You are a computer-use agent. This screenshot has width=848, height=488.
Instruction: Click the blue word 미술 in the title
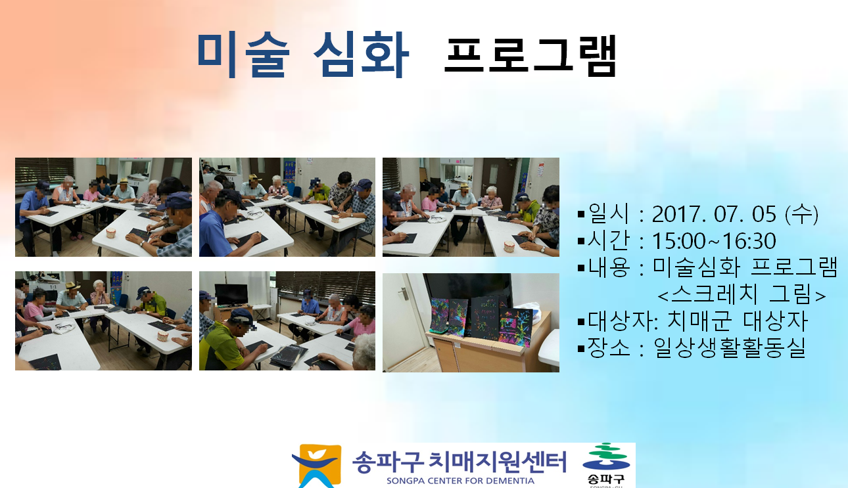tap(243, 56)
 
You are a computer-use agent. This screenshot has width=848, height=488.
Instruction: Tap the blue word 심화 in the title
tap(362, 56)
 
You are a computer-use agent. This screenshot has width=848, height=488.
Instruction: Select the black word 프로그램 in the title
tap(530, 56)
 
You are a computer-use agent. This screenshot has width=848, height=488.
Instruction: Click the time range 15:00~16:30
tap(714, 241)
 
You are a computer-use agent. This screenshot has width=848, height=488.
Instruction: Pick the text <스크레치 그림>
tap(742, 294)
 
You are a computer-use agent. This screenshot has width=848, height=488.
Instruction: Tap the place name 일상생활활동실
tap(729, 347)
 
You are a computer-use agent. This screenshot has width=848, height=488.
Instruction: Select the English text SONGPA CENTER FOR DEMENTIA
tap(460, 481)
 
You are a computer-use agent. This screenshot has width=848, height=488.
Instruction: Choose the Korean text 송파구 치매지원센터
tap(459, 462)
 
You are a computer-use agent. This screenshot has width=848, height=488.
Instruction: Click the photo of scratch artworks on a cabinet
tap(471, 322)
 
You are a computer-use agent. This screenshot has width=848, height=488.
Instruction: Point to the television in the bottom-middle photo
tap(231, 295)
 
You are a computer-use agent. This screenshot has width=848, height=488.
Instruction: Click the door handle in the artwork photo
tap(404, 292)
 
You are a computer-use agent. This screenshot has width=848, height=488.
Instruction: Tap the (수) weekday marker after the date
tap(802, 214)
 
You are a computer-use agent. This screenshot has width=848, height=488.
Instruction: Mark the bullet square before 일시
tap(582, 215)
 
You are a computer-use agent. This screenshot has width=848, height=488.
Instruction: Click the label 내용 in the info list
tap(609, 267)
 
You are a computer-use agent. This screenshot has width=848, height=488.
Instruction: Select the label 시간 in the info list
tap(608, 240)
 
